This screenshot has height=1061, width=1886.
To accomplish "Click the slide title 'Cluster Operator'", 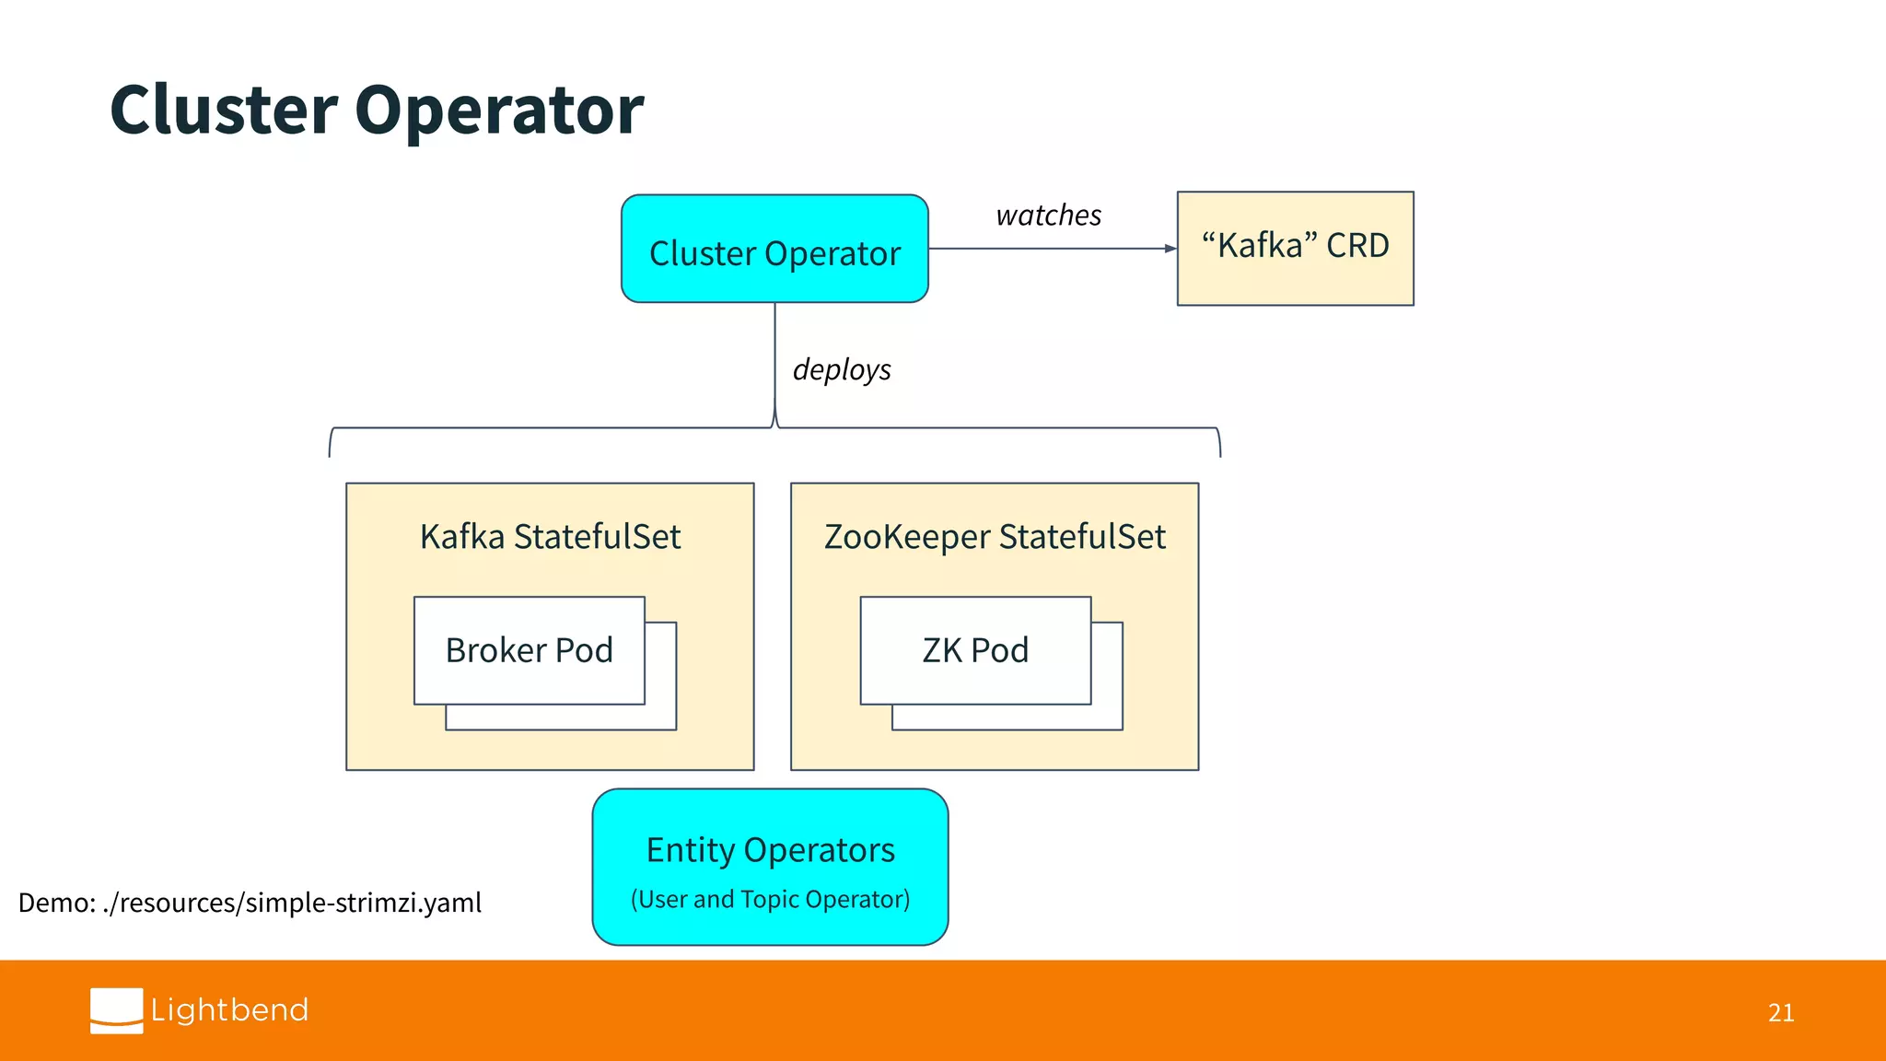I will coord(377,110).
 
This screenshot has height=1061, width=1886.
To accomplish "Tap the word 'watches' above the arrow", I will coord(1048,216).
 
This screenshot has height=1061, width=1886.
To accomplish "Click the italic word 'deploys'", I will coord(841,370).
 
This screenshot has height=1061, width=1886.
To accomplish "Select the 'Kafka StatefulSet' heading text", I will coord(550,537).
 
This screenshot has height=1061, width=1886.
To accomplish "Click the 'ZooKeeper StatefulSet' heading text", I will coord(995,537).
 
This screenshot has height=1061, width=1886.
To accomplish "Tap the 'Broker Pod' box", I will coord(529,650).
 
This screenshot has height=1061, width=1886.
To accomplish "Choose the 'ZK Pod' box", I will coord(975,650).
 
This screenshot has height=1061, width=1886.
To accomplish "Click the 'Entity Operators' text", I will coord(770,850).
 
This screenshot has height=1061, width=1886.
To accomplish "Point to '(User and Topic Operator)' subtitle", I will coord(770,900).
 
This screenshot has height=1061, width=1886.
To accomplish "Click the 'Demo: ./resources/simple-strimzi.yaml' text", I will coord(250,903).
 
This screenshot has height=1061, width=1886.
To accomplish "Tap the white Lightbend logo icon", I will coord(116,1010).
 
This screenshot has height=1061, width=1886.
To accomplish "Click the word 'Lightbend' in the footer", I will coord(229,1010).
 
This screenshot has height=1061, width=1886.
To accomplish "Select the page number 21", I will coord(1780,1013).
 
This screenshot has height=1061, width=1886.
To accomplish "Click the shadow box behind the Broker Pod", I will coord(661,717).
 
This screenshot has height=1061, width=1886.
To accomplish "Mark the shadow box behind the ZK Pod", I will coord(1108,717).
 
